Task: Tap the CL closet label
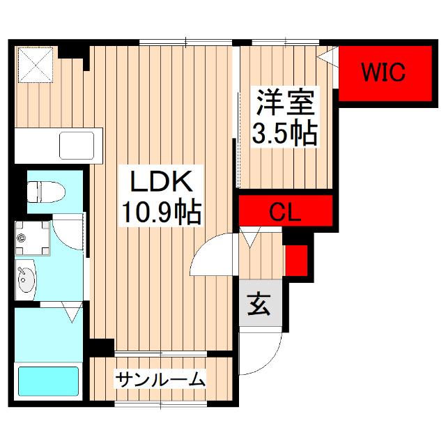point(284,212)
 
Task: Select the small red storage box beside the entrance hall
point(295,259)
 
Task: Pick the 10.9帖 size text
point(161,210)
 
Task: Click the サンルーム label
point(161,380)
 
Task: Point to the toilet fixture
point(44,190)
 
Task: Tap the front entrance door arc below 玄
point(261,352)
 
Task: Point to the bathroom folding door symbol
point(70,312)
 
